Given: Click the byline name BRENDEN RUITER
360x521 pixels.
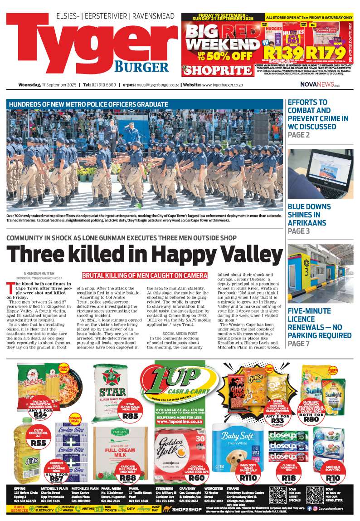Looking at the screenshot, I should pyautogui.click(x=36, y=273).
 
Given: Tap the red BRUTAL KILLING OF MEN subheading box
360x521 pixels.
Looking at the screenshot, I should pyautogui.click(x=145, y=275).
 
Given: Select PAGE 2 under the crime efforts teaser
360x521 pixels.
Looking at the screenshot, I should pyautogui.click(x=299, y=135).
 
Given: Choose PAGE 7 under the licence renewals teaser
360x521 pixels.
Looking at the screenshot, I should pyautogui.click(x=299, y=344).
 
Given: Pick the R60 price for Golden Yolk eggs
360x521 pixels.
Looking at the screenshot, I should pyautogui.click(x=196, y=477).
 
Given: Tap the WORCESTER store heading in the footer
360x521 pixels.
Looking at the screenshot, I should pyautogui.click(x=214, y=489).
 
